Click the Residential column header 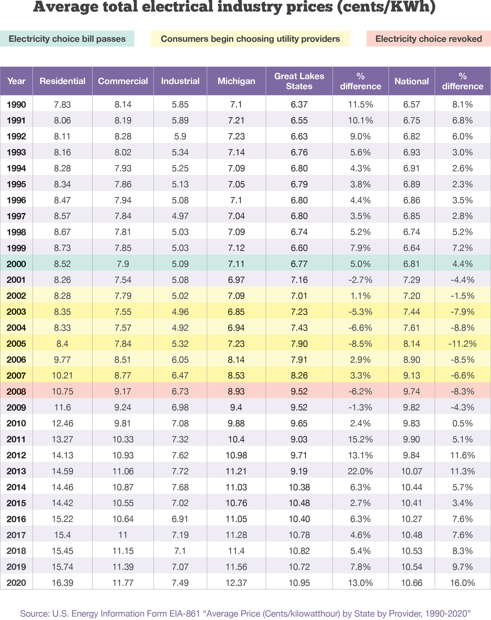point(62,81)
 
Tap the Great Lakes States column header point(299,81)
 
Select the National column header point(411,81)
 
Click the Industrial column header point(180,81)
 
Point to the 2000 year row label point(16,264)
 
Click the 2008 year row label point(16,391)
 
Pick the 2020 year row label point(16,583)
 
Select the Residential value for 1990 point(62,104)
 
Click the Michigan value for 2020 point(236,583)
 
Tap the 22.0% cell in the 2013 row point(360,471)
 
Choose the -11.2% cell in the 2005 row point(462,344)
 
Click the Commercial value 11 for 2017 point(123,535)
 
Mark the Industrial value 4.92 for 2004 point(180,328)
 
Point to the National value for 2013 point(411,471)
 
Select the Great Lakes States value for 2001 point(299,280)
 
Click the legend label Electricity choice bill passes point(67,39)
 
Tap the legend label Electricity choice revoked point(428,39)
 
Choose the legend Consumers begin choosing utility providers point(250,39)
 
